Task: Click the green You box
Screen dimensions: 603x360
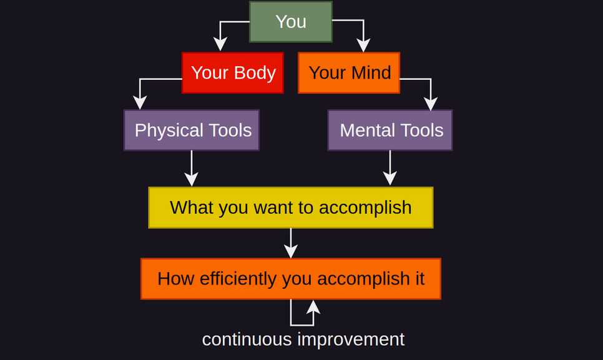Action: coord(291,21)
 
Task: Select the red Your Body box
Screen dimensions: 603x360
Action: coord(233,72)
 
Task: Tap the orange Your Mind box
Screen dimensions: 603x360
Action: coord(349,72)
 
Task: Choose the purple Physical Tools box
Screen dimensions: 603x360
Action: coord(192,130)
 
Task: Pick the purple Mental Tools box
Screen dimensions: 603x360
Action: coord(390,130)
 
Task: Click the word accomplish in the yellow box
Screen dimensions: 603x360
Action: coord(365,208)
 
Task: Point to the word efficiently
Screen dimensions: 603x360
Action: coord(238,279)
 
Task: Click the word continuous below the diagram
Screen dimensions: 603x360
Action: coord(247,339)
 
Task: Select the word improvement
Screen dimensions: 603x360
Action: coord(351,339)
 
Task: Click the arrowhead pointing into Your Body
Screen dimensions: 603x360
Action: coord(220,44)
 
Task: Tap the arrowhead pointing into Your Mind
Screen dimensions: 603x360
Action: coord(363,45)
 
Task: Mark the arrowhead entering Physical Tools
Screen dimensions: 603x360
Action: coord(140,102)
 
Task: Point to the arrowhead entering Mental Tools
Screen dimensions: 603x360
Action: coord(431,103)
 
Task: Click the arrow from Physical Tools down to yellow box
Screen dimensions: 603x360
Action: coord(192,168)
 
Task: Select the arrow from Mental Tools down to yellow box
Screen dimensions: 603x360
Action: coord(390,168)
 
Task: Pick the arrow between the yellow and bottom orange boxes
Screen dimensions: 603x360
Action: coord(291,243)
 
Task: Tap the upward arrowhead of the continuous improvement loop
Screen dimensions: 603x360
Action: coord(313,307)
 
